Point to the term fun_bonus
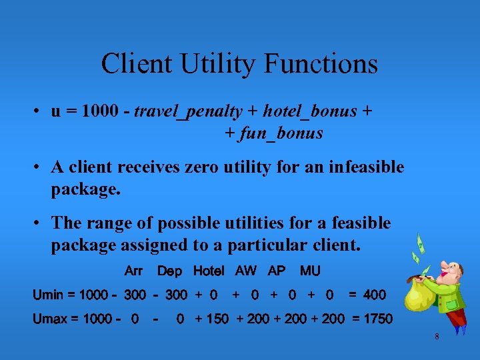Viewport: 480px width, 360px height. [281, 133]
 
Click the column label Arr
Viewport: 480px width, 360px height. [133, 271]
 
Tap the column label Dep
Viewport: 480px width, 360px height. [169, 271]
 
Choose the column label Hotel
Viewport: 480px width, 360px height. [208, 271]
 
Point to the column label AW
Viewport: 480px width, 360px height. [245, 271]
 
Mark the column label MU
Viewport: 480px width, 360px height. [310, 271]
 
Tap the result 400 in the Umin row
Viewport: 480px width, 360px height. [374, 294]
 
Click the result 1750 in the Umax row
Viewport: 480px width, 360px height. [377, 319]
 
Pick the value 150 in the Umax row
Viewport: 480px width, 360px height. [217, 319]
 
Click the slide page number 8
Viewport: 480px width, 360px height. [437, 337]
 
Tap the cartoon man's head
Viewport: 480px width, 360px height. [453, 273]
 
